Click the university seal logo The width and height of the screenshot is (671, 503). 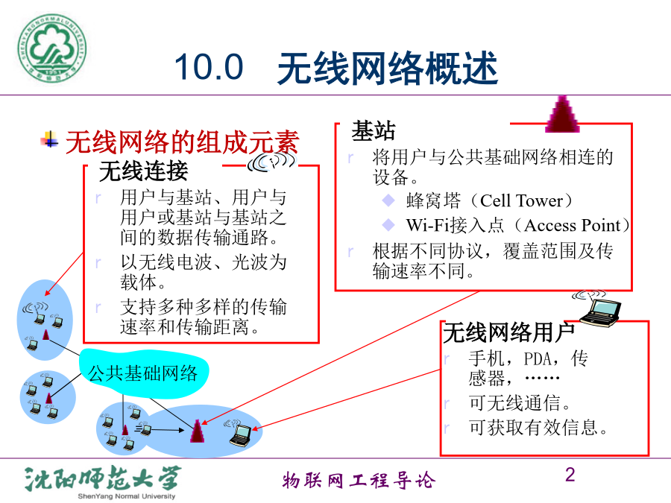(x=51, y=48)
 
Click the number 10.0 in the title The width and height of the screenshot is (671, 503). (x=209, y=67)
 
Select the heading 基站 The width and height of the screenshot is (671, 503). (x=374, y=130)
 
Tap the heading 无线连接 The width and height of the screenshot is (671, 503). (x=143, y=171)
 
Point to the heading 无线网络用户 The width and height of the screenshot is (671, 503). (x=508, y=333)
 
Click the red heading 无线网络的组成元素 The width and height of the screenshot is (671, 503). (x=182, y=142)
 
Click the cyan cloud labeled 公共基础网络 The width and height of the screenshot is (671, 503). (x=143, y=373)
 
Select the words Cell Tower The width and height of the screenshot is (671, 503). (x=521, y=200)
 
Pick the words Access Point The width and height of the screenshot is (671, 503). (x=573, y=225)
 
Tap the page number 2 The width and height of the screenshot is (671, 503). (x=570, y=475)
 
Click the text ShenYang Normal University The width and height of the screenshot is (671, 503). (x=127, y=496)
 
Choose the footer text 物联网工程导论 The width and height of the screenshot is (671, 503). (x=359, y=481)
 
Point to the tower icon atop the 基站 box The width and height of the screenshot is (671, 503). (x=562, y=114)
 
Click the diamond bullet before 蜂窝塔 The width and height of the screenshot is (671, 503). (x=388, y=200)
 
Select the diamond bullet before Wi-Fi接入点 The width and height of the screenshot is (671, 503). (x=388, y=224)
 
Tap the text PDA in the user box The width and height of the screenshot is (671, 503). (x=538, y=359)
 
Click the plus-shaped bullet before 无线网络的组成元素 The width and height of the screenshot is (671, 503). (x=50, y=139)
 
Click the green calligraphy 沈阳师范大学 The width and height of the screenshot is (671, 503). (x=103, y=478)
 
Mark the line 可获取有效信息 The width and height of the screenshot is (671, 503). (x=538, y=427)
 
